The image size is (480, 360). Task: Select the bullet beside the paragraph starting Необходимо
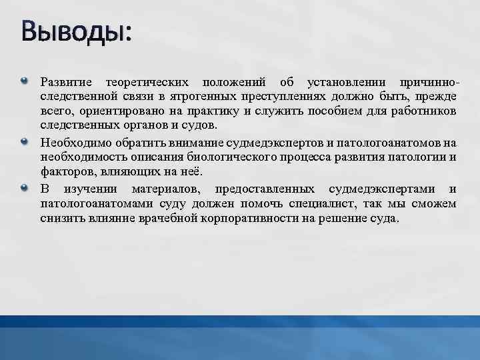25,141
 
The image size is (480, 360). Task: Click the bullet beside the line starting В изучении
25,187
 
